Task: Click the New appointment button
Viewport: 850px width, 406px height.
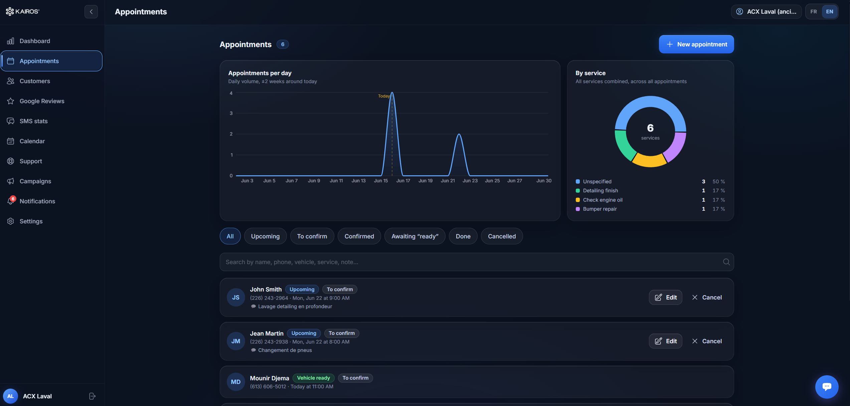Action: click(696, 44)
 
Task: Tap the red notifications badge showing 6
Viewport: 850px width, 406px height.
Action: click(13, 199)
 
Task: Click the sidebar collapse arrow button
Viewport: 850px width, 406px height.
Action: click(91, 12)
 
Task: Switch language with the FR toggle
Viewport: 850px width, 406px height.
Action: click(814, 12)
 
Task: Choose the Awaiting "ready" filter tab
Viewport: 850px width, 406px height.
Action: click(415, 236)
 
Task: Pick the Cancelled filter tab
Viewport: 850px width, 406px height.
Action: click(502, 236)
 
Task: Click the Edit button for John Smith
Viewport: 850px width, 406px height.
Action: click(665, 297)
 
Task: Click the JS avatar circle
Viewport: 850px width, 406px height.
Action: click(236, 297)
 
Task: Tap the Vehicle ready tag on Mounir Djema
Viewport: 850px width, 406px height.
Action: click(313, 378)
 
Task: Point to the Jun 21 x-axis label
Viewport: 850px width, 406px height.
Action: click(448, 181)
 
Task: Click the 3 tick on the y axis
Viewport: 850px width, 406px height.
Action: click(231, 113)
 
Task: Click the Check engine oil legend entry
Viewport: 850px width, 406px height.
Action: click(603, 200)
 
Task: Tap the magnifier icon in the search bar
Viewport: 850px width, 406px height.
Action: click(726, 262)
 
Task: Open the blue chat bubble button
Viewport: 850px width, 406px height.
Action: click(827, 387)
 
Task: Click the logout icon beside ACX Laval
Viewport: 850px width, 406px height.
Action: click(93, 396)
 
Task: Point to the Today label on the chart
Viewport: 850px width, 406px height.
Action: click(384, 96)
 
